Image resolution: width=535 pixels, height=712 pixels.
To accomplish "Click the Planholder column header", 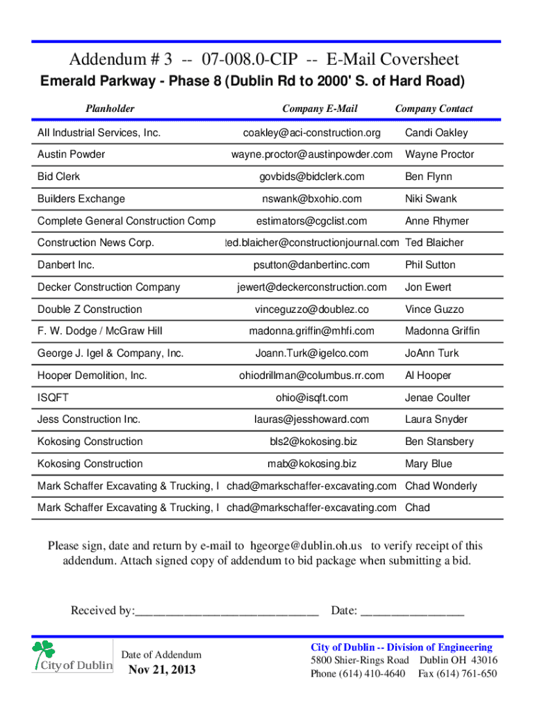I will click(x=110, y=108).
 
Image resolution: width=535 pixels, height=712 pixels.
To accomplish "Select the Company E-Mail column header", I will click(x=320, y=108).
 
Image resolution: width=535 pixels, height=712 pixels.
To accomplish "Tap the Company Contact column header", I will click(x=434, y=108).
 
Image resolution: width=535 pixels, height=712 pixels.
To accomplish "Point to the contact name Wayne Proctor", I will click(x=440, y=154).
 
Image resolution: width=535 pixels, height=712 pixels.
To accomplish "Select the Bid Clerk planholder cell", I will click(x=58, y=177).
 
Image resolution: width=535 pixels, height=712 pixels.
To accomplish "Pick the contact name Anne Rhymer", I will click(x=437, y=221).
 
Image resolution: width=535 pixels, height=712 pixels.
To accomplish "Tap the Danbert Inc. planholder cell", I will click(x=66, y=265).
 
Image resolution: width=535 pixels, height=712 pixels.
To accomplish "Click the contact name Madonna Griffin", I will click(x=443, y=331).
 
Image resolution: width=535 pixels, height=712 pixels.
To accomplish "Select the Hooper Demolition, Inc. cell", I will click(x=92, y=375).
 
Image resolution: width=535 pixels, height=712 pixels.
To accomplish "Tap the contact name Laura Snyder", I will click(x=436, y=419).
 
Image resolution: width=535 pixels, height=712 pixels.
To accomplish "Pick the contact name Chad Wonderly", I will click(x=441, y=486).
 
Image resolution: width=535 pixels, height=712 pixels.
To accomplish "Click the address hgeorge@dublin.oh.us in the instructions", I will click(x=306, y=546).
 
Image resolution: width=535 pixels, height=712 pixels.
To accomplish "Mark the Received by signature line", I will click(x=227, y=611).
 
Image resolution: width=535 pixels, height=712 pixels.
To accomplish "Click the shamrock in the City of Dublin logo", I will click(x=44, y=652).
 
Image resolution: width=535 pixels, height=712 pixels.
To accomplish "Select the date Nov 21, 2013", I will click(x=162, y=670).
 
